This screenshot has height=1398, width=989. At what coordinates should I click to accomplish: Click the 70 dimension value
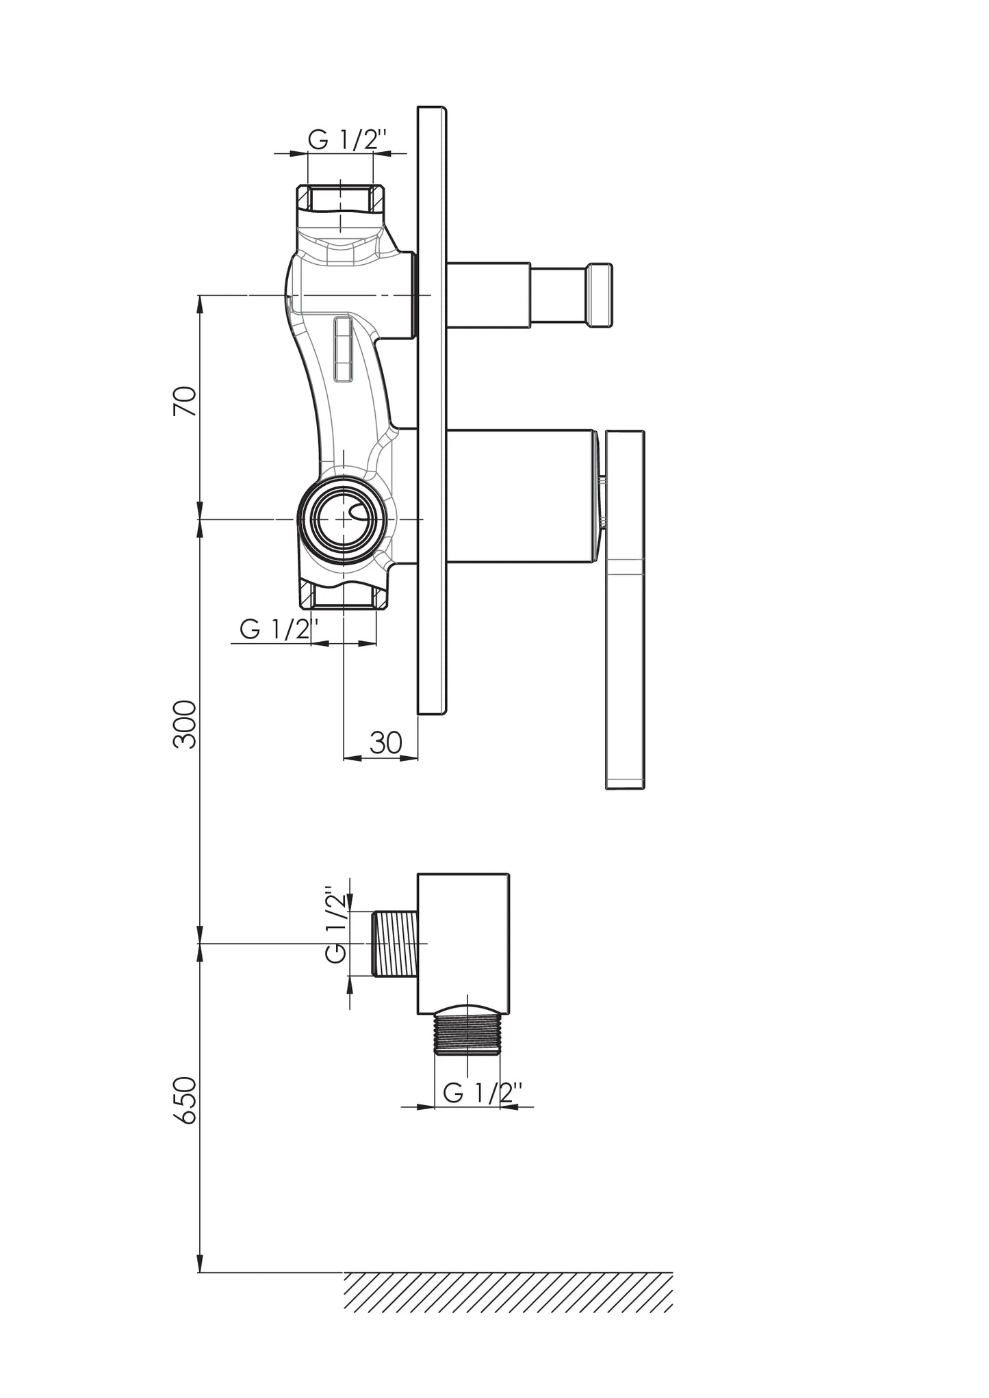click(x=185, y=401)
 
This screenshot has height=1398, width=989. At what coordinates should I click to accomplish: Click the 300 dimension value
click(x=185, y=724)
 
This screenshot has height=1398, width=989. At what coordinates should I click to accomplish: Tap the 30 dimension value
click(x=386, y=742)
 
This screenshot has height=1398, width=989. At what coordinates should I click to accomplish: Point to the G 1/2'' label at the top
click(x=348, y=140)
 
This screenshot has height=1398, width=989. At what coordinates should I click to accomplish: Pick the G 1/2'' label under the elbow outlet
click(x=483, y=1093)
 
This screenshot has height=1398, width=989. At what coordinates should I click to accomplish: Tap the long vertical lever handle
click(x=625, y=610)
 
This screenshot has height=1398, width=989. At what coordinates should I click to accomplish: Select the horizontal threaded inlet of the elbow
click(x=396, y=943)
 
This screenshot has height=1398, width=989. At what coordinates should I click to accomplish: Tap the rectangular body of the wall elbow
click(x=463, y=944)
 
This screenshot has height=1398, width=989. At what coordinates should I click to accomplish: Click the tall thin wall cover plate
click(x=432, y=411)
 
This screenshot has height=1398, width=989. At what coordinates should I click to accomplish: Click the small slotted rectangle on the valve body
click(x=343, y=349)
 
